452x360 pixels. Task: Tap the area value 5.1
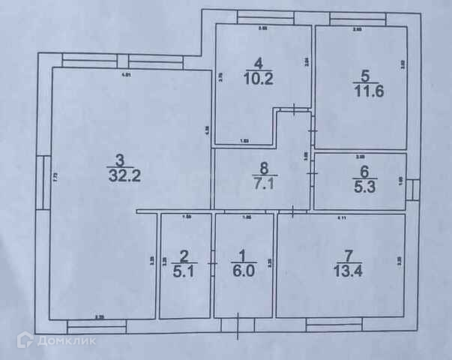point(184,273)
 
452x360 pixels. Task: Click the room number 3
point(118,159)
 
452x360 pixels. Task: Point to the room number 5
point(365,75)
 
